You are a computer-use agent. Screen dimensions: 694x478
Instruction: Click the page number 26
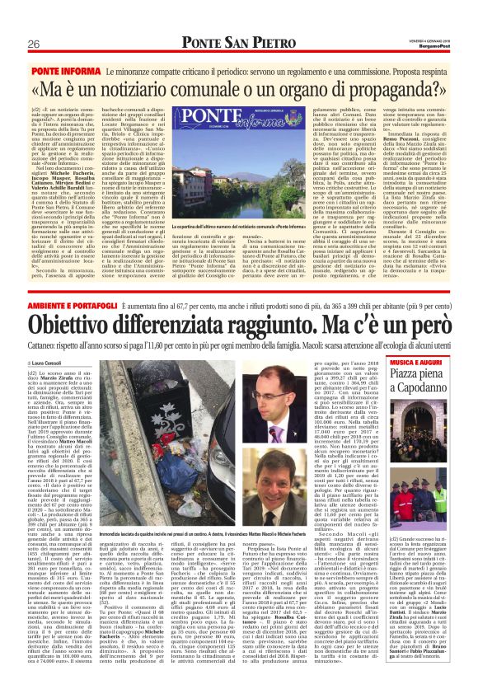(35, 44)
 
